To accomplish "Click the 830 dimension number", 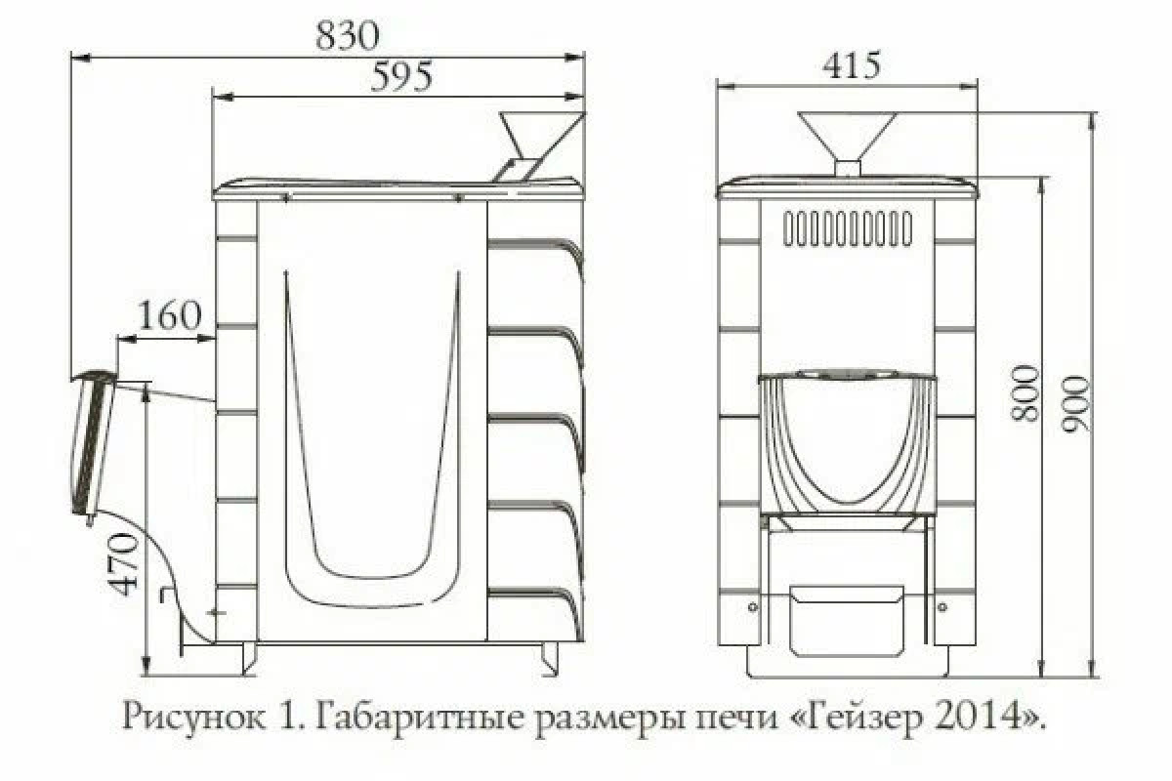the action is [347, 36].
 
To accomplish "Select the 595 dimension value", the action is [401, 77].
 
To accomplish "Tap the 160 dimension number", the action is [170, 315].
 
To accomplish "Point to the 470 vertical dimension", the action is [125, 564].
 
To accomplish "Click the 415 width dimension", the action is [852, 66].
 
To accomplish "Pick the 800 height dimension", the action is [1024, 393].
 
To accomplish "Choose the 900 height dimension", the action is [1075, 404].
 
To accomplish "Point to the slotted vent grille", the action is [848, 228].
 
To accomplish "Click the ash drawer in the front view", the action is [847, 621].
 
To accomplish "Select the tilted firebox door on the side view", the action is [93, 444].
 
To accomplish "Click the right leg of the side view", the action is [549, 657].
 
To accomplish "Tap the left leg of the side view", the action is [250, 658].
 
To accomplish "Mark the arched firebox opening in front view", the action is [847, 444].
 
